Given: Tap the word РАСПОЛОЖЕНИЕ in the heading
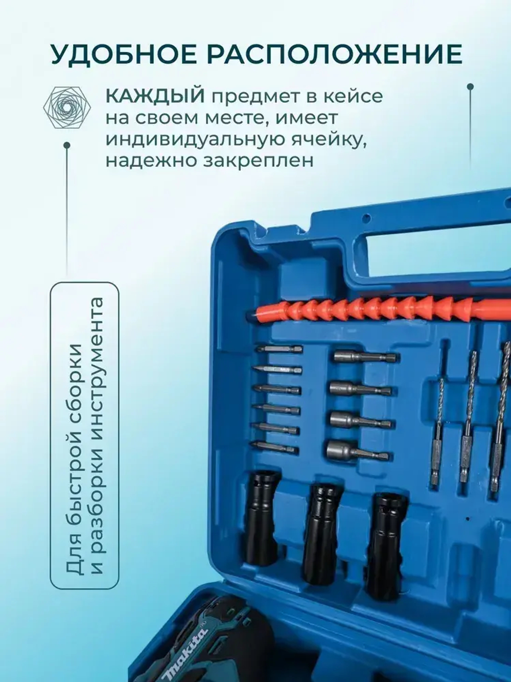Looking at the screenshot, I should [x=334, y=54].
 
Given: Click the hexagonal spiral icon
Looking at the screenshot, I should [x=67, y=107].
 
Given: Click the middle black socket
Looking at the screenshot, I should [x=320, y=532].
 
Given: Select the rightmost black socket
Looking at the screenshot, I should [x=386, y=542].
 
